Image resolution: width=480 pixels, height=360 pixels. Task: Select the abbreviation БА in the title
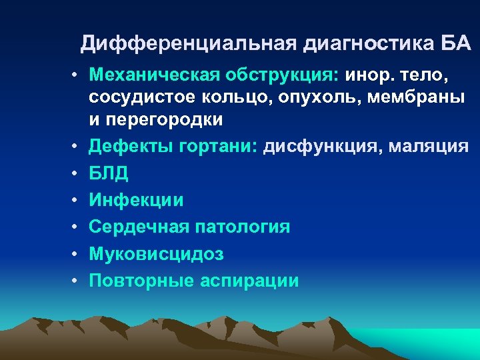pyautogui.click(x=456, y=44)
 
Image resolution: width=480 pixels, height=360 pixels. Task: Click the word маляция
pyautogui.click(x=435, y=145)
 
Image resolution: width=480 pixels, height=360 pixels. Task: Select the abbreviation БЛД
pyautogui.click(x=109, y=173)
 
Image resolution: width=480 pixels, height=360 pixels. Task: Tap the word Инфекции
pyautogui.click(x=136, y=199)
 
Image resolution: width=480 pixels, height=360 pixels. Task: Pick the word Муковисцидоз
pyautogui.click(x=157, y=254)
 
